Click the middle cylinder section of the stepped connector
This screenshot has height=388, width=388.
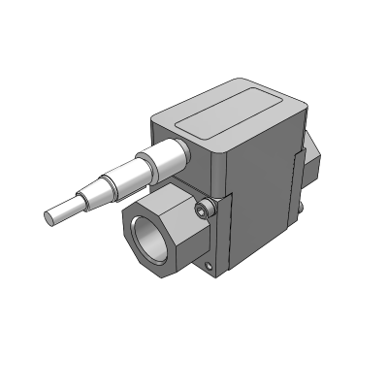point(122,177)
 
